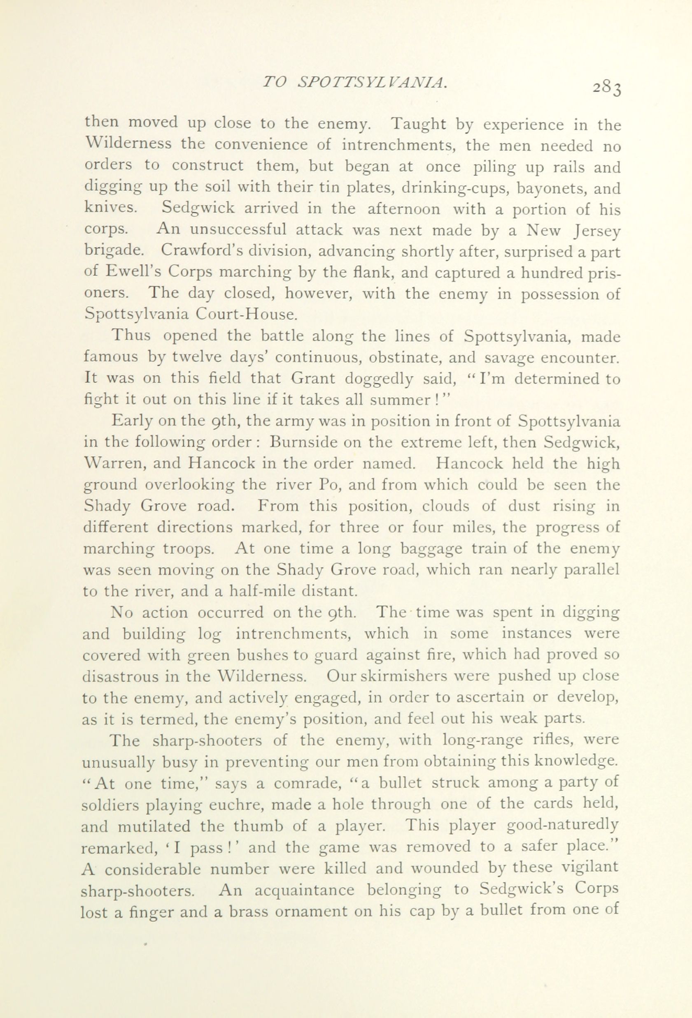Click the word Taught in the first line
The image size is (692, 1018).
click(x=418, y=125)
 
